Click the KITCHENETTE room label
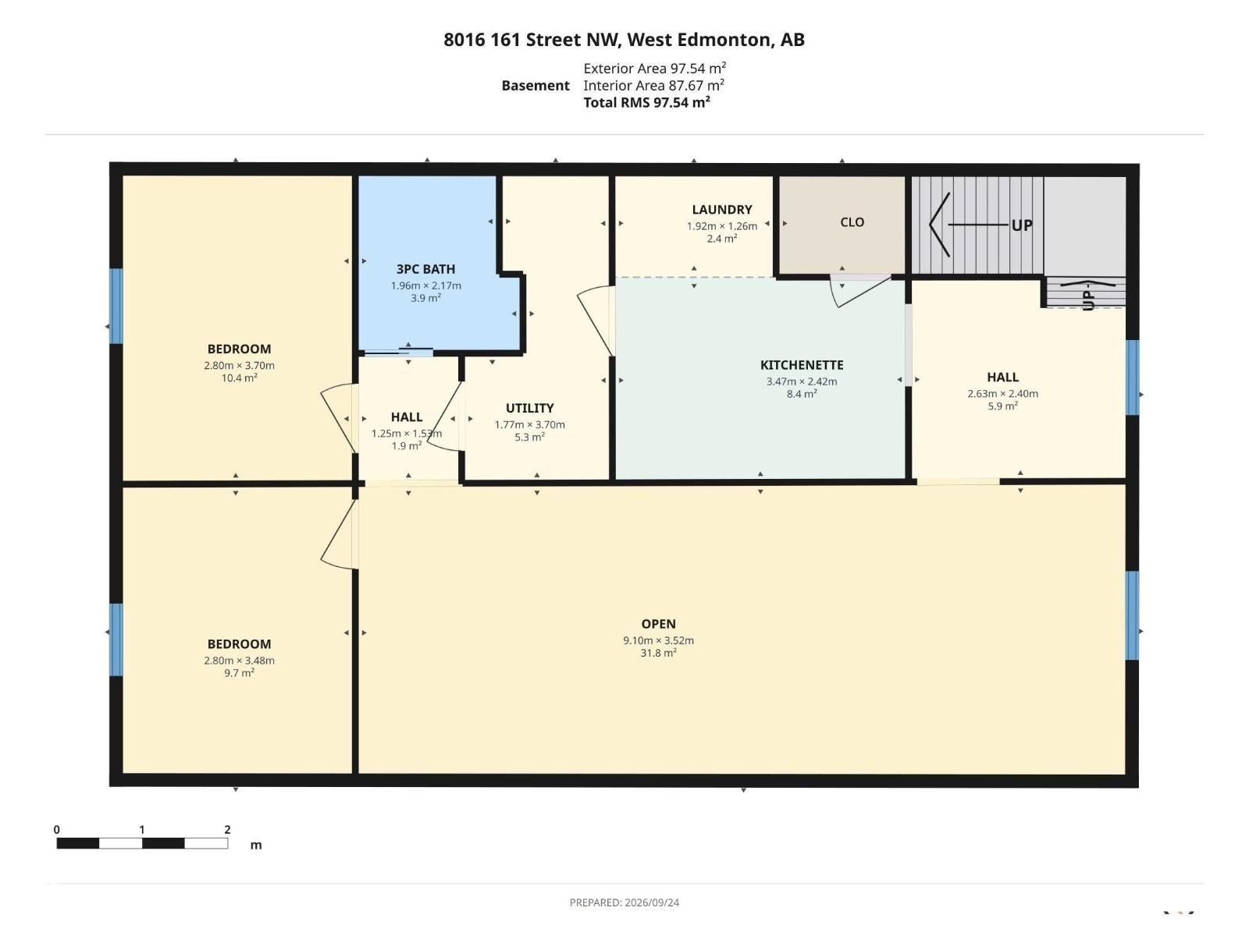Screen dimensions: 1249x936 coord(801,365)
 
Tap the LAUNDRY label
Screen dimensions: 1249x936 coord(721,210)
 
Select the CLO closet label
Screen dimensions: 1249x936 coord(852,222)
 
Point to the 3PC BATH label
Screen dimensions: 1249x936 coord(425,269)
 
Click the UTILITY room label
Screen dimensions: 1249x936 coord(529,408)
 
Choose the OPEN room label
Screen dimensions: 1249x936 coord(658,624)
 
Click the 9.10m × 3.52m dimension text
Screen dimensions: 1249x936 coord(658,640)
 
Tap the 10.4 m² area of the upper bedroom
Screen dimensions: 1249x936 coord(239,378)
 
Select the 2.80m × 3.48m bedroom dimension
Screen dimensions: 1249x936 coord(239,661)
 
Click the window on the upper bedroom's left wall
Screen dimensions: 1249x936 coord(116,307)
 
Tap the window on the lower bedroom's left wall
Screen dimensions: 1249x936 coord(116,640)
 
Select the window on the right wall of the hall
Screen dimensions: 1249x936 coord(1133,378)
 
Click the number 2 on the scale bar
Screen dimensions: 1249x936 coord(227,829)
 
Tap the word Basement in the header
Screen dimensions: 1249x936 coord(535,86)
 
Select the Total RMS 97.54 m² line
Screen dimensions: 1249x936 coord(646,102)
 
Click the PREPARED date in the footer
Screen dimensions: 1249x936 coord(624,902)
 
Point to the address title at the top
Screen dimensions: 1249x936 coord(624,40)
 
